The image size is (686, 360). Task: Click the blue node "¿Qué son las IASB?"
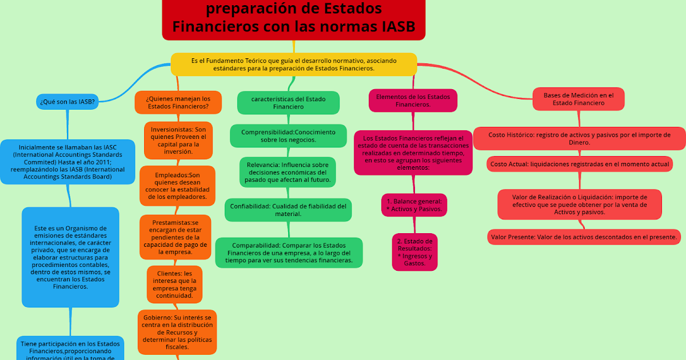[x=67, y=102]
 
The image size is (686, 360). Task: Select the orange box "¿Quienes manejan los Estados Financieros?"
[x=178, y=102]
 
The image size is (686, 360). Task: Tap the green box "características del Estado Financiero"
[x=288, y=102]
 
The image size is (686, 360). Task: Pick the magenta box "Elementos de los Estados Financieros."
[x=413, y=101]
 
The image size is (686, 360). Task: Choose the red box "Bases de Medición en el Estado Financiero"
[x=578, y=99]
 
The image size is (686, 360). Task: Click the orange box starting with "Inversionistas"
[x=178, y=139]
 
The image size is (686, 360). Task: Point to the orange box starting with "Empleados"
[x=177, y=186]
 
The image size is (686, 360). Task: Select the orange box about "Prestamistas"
[x=176, y=237]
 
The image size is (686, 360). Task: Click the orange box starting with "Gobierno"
[x=177, y=331]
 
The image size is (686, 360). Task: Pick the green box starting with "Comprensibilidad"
[x=288, y=135]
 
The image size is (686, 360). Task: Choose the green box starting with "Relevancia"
[x=288, y=172]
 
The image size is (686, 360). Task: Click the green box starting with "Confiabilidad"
[x=288, y=210]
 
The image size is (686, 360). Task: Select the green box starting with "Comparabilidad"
[x=289, y=253]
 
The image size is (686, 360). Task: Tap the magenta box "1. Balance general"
[x=414, y=205]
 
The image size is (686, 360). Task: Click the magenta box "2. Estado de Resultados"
[x=414, y=252]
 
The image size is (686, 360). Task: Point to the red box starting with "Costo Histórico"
[x=579, y=138]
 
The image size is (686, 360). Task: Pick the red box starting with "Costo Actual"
[x=579, y=164]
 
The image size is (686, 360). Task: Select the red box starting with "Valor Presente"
[x=584, y=237]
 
